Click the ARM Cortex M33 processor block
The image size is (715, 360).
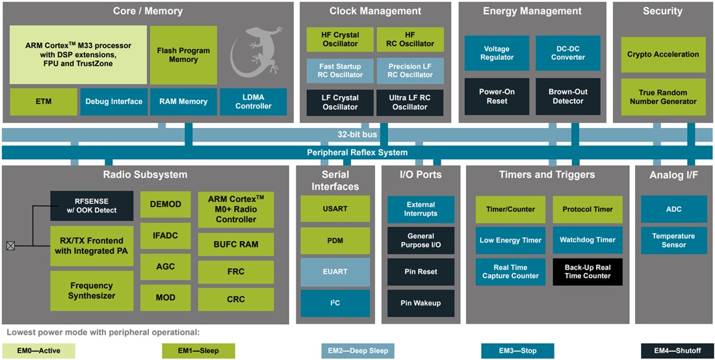point(78,55)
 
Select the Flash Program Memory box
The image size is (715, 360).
point(183,55)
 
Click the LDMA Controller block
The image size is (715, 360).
point(253,101)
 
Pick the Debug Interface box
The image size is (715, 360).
point(114,101)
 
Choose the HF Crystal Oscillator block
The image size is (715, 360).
point(340,39)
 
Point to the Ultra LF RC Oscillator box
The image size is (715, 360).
point(409,102)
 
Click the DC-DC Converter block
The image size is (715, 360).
point(568,53)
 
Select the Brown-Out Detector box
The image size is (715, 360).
point(568,96)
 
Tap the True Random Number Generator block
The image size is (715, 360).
point(662,97)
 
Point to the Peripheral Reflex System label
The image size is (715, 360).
point(357,153)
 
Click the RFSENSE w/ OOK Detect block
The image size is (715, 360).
point(92,205)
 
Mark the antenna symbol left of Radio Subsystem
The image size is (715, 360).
point(10,246)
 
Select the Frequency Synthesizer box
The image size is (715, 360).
point(92,290)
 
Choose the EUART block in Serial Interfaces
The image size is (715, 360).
point(335,272)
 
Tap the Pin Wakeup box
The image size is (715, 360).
point(421,303)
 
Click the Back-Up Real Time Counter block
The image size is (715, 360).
point(588,272)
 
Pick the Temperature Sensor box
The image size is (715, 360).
point(673,240)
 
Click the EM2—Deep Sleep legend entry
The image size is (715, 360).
point(357,351)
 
